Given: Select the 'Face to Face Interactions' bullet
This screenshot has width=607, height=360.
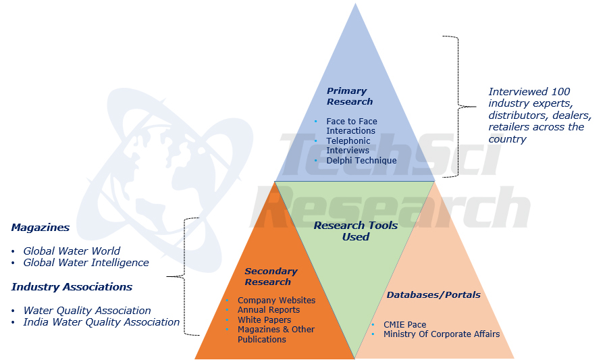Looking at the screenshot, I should (351, 126).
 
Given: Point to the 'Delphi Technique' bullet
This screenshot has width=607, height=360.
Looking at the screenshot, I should (361, 161).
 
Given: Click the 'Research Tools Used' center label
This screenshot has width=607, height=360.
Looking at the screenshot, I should (355, 231).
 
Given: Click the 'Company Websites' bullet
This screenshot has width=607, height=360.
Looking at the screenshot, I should (276, 300).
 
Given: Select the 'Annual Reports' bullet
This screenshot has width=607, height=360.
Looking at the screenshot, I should (269, 310).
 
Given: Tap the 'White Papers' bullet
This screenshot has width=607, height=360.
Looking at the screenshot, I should (264, 320).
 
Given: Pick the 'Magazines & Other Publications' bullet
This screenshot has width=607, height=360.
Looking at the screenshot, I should (275, 334).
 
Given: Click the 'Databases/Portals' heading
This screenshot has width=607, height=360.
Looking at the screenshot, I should (433, 294).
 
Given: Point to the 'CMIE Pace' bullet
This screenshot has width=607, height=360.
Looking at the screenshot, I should (404, 325).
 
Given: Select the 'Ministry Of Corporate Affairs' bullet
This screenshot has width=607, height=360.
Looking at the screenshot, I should (442, 334).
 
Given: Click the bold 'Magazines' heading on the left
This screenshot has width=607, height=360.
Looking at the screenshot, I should (40, 228).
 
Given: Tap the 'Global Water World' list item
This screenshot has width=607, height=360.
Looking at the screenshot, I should (72, 251).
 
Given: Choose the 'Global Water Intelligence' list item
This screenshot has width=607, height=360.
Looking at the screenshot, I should (86, 263).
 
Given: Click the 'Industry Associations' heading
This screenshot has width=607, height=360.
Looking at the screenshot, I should (72, 287).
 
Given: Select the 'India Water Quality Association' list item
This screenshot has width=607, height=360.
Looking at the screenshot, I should (101, 322).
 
